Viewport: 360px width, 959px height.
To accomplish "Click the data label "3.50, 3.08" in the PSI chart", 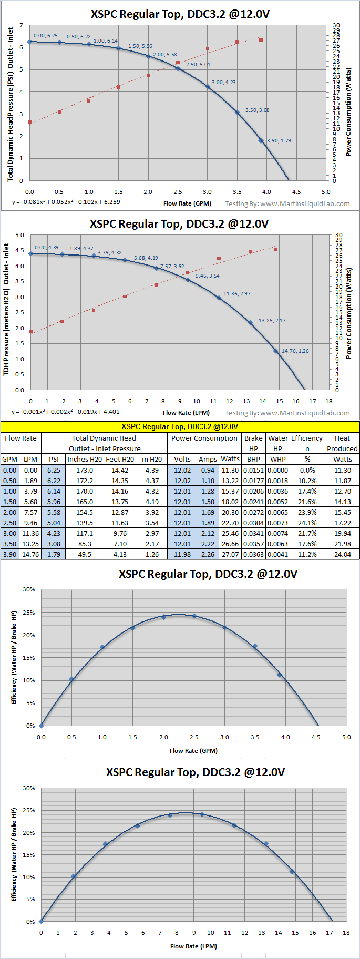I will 257,110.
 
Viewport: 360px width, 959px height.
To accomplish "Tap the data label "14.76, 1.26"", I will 295,351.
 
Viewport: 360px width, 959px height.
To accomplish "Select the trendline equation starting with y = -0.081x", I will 66,202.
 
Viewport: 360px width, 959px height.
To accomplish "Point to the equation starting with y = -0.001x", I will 65,412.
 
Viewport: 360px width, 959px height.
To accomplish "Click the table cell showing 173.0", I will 85,471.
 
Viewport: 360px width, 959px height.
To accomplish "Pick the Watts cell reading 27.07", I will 230,554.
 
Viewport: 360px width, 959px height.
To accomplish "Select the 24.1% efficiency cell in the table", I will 307,523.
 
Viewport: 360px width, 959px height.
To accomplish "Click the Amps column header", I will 208,459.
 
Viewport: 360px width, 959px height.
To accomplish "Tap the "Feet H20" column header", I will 120,459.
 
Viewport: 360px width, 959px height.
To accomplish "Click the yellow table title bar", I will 180,426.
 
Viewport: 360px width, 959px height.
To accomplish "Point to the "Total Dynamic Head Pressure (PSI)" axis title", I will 11,105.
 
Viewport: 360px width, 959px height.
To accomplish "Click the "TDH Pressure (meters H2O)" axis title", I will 7,309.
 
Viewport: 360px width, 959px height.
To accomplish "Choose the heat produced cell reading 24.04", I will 342,554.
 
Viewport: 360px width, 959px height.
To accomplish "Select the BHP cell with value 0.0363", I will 253,554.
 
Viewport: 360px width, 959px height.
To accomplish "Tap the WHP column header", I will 278,459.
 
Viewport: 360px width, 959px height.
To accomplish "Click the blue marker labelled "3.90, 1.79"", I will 261,141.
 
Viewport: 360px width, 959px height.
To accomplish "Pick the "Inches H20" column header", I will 85,459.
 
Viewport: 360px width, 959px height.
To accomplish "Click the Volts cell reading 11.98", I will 182,554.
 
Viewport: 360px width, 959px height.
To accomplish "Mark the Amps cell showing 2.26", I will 208,554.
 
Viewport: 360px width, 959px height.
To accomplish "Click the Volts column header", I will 182,459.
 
